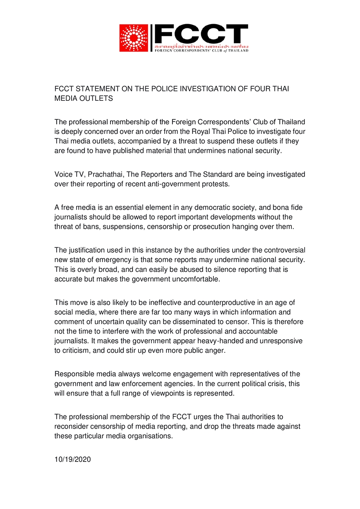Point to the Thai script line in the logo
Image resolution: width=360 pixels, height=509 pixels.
coord(201,45)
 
